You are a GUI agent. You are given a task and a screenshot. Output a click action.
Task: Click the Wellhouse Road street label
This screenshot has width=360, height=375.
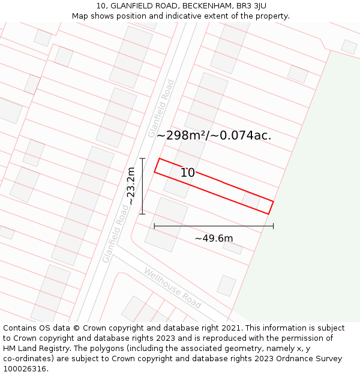(172, 288)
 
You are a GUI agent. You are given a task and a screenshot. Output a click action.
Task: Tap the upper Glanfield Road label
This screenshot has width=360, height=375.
(161, 108)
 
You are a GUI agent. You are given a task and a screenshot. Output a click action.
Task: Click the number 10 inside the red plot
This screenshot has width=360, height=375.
(188, 173)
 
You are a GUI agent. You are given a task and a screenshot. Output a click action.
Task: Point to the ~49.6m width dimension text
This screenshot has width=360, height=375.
(214, 238)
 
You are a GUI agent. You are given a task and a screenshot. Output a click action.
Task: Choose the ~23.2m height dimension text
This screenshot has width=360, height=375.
(131, 186)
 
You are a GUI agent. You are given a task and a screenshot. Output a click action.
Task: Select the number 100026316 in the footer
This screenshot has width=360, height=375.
(25, 369)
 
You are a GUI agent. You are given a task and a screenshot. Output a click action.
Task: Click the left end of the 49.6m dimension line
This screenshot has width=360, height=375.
(154, 226)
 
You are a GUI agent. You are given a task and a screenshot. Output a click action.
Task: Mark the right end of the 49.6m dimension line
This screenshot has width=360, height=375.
(274, 226)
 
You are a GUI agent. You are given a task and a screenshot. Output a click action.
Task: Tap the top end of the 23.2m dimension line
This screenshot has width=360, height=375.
(142, 158)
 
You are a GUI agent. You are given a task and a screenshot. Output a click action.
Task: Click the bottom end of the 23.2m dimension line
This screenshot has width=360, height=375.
(142, 214)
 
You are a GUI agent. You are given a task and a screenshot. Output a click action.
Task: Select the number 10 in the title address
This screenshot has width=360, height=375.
(100, 6)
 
